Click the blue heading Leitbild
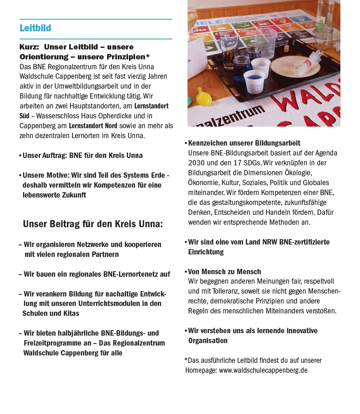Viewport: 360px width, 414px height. pyautogui.click(x=35, y=28)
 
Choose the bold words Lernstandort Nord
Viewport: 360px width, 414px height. pyautogui.click(x=93, y=126)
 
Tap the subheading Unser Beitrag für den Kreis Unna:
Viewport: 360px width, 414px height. pyautogui.click(x=93, y=224)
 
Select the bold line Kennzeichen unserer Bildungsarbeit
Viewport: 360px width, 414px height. pyautogui.click(x=244, y=143)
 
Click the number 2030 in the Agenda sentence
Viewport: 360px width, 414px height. pyautogui.click(x=196, y=163)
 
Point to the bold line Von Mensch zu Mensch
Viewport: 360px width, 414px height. pyautogui.click(x=224, y=272)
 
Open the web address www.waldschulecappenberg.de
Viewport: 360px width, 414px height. pyautogui.click(x=263, y=370)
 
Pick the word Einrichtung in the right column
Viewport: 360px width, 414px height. pyautogui.click(x=206, y=252)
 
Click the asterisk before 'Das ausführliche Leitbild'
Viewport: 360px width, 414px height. pyautogui.click(x=186, y=360)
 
